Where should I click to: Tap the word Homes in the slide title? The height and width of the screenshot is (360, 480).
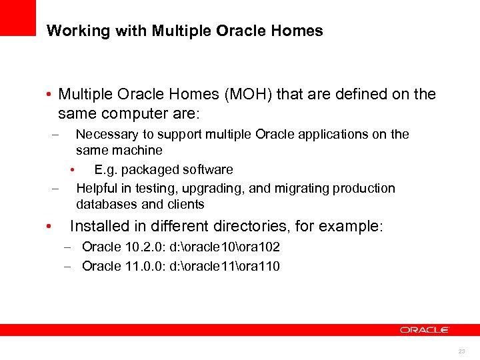299,31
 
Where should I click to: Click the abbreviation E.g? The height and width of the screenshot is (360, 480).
105,169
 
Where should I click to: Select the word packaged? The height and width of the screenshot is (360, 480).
145,169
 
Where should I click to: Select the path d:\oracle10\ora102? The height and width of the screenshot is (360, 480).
225,247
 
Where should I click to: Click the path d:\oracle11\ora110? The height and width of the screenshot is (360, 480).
225,267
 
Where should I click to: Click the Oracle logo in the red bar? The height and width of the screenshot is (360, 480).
425,329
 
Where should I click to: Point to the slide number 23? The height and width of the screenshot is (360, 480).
461,351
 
